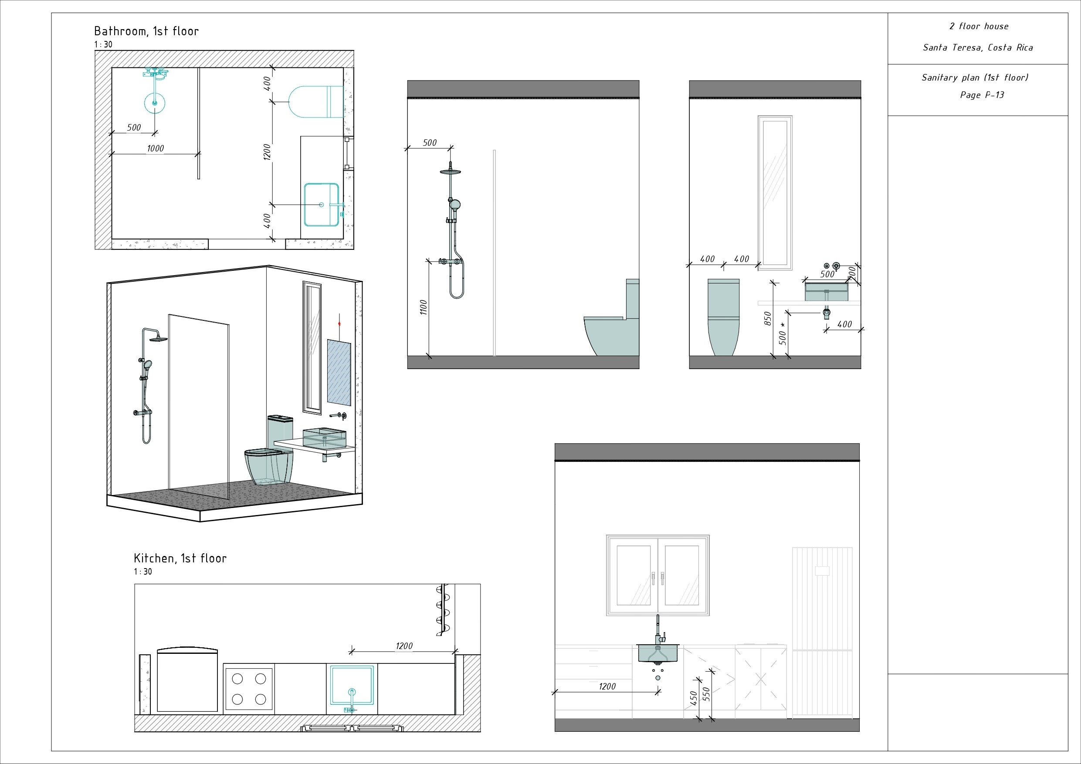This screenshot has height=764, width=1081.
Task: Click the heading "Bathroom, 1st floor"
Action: pyautogui.click(x=146, y=31)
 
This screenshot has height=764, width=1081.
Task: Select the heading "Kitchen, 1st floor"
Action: pyautogui.click(x=180, y=559)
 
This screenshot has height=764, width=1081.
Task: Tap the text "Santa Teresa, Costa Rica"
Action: pyautogui.click(x=978, y=47)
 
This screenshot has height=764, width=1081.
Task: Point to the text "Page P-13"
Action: pyautogui.click(x=982, y=95)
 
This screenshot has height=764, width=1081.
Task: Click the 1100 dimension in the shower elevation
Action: pyautogui.click(x=423, y=307)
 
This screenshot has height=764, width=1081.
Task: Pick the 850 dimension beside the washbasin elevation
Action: pyautogui.click(x=767, y=318)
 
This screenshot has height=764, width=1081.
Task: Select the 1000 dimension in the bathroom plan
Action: pyautogui.click(x=156, y=148)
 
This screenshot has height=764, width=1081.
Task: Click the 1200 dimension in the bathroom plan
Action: pyautogui.click(x=267, y=152)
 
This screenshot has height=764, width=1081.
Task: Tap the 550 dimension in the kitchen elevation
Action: pyautogui.click(x=706, y=694)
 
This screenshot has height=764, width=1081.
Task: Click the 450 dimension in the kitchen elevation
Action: pyautogui.click(x=694, y=698)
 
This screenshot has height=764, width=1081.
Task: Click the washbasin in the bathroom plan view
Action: pyautogui.click(x=321, y=205)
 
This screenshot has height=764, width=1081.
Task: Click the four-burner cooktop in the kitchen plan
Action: pyautogui.click(x=249, y=689)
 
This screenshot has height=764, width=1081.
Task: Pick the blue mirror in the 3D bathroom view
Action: pyautogui.click(x=339, y=372)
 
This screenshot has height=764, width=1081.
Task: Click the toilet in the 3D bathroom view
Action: pyautogui.click(x=271, y=461)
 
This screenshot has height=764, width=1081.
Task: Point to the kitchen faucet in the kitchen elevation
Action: pyautogui.click(x=658, y=630)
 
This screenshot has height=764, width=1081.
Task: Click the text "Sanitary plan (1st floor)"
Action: pyautogui.click(x=975, y=77)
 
